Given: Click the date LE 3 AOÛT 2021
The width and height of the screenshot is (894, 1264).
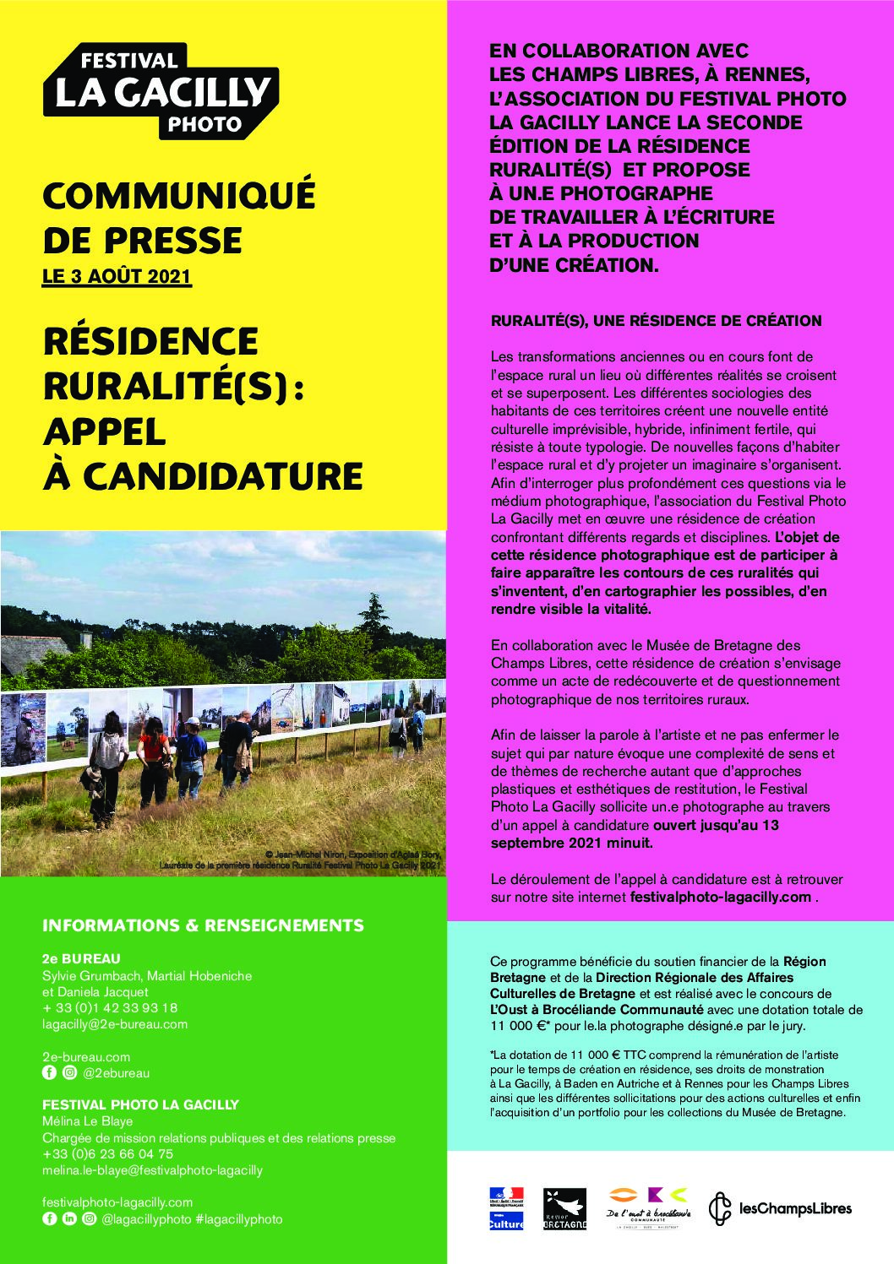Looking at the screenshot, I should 117,277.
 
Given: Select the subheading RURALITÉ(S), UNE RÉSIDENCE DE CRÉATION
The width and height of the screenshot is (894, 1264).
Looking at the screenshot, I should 656,321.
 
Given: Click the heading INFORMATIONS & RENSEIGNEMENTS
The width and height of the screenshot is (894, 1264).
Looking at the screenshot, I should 203,925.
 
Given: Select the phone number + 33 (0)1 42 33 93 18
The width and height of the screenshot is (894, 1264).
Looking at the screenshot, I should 110,1008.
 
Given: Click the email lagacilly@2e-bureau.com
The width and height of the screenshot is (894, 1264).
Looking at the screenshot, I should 115,1024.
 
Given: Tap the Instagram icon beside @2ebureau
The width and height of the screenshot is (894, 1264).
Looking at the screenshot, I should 64,1073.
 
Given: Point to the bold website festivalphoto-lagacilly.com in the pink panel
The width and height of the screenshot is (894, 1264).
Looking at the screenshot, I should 721,897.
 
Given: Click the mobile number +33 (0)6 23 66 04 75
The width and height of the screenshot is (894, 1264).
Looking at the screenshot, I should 108,1153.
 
